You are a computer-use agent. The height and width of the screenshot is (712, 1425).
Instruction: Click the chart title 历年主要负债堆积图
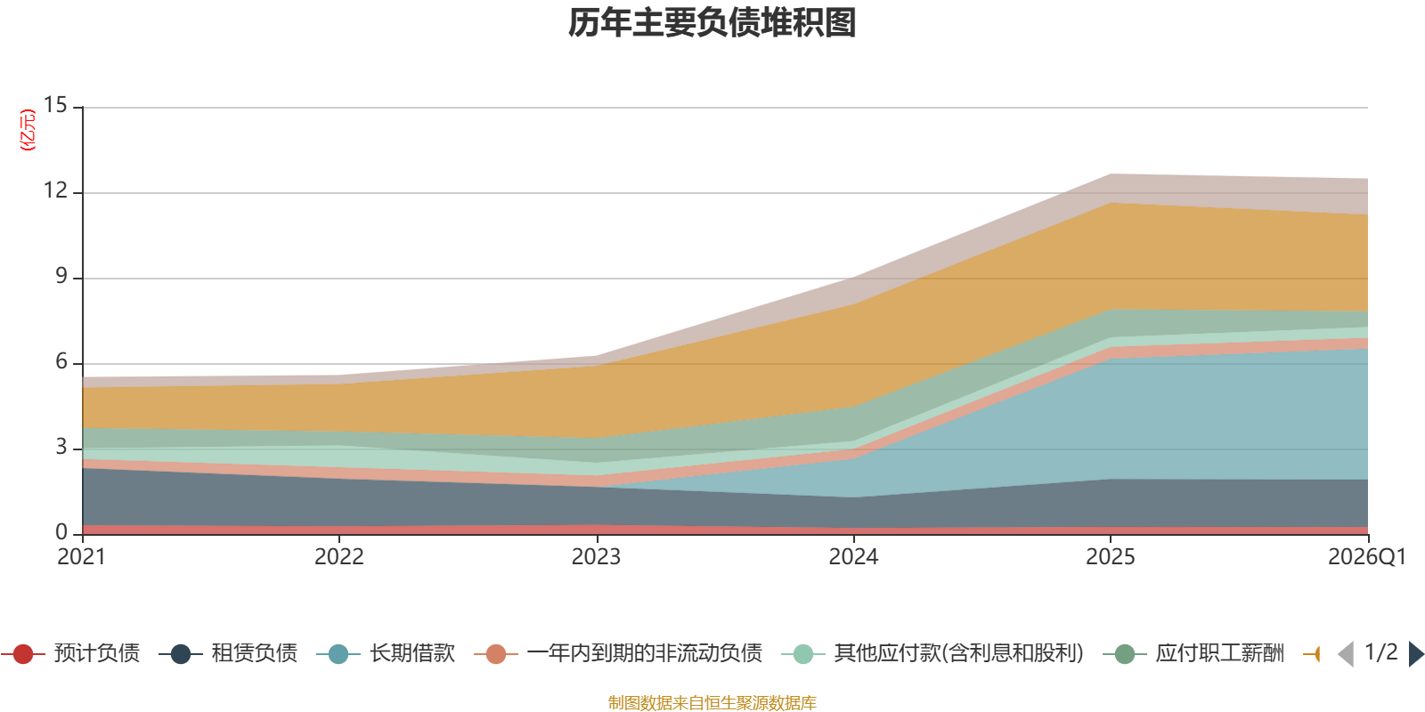click(x=712, y=23)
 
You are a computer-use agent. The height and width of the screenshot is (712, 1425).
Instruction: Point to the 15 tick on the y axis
click(x=55, y=105)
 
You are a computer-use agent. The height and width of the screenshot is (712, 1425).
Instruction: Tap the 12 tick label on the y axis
click(x=55, y=190)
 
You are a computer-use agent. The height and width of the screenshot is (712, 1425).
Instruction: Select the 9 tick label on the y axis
click(x=61, y=276)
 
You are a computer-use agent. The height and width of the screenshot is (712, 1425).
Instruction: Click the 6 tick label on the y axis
click(x=61, y=361)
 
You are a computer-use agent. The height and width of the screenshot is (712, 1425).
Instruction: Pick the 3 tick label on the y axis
click(x=61, y=447)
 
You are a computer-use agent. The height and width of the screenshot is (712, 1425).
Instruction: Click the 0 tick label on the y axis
click(x=61, y=532)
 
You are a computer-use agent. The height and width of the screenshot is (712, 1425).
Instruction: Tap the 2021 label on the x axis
click(x=81, y=557)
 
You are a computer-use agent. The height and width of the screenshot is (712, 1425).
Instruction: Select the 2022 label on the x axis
click(x=339, y=557)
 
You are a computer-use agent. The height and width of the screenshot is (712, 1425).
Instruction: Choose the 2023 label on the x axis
click(x=596, y=557)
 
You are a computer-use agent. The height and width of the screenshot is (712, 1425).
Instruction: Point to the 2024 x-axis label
click(x=853, y=557)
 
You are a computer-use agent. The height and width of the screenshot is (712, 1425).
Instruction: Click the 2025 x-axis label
click(x=1111, y=557)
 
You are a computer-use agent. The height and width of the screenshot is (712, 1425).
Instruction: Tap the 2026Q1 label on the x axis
click(x=1367, y=557)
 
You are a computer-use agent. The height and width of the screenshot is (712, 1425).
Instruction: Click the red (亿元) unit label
click(x=28, y=130)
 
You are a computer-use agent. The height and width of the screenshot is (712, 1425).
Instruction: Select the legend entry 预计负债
click(x=70, y=653)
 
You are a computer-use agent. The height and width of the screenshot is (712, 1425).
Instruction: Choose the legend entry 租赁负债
click(x=228, y=653)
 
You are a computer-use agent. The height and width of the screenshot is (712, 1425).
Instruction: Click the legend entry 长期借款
click(x=387, y=653)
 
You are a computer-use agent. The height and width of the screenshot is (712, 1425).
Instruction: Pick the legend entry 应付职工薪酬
click(x=1193, y=653)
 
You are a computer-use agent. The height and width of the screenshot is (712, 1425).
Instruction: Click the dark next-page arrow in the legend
click(x=1416, y=653)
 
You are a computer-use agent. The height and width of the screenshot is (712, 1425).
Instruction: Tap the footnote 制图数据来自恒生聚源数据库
click(x=712, y=702)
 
